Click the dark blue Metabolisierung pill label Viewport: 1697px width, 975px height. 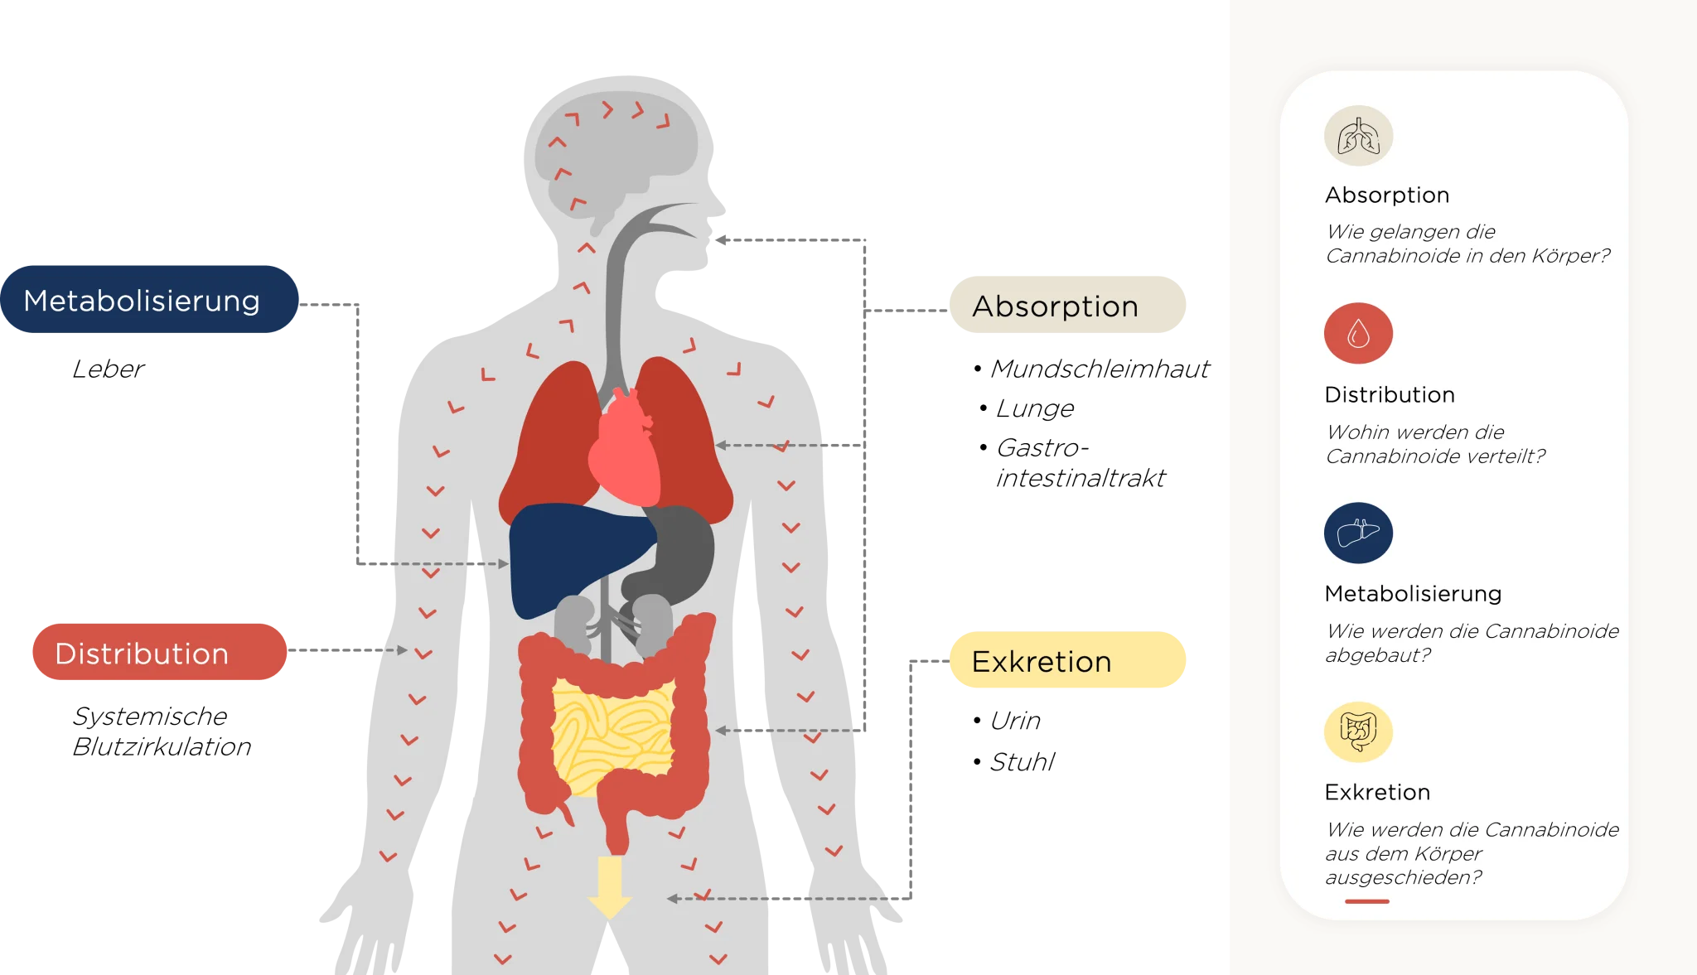(149, 299)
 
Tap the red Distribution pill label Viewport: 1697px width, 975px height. (160, 652)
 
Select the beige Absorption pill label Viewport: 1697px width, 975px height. (1067, 305)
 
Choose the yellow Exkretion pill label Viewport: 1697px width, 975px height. (1067, 660)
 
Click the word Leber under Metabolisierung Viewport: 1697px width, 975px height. (109, 369)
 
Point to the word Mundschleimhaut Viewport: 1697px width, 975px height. (1100, 369)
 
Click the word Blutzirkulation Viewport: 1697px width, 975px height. (162, 746)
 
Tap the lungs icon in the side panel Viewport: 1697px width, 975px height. (1358, 136)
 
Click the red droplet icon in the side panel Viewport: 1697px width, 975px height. (1358, 333)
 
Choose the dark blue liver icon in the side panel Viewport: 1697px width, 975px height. (1358, 533)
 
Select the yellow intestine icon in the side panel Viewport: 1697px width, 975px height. (1358, 731)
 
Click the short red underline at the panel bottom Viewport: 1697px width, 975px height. (1367, 901)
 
